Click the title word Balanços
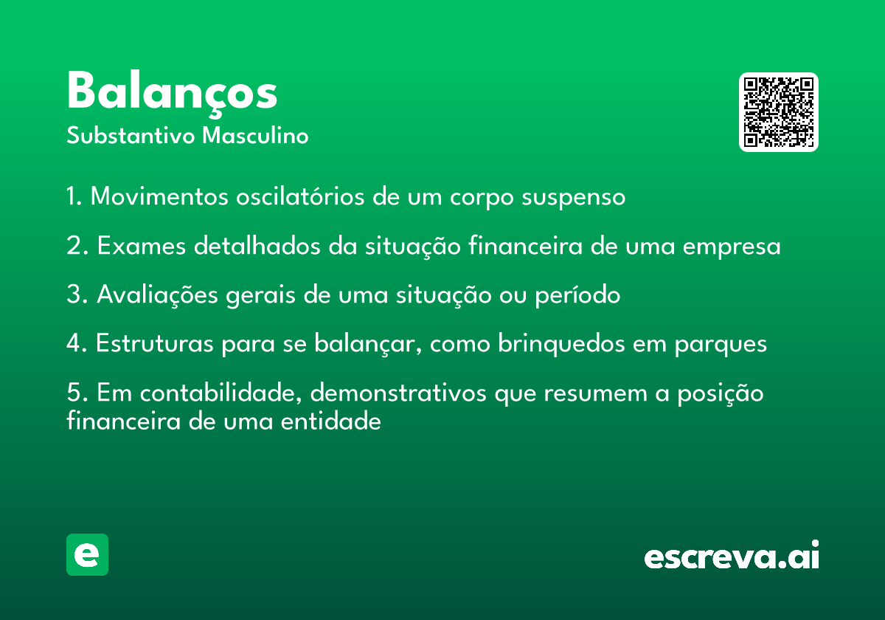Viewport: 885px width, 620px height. [172, 94]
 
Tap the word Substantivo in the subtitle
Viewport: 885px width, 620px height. [131, 136]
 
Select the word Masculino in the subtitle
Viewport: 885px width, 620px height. [255, 136]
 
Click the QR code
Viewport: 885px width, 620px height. [778, 112]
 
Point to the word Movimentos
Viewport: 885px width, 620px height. [159, 196]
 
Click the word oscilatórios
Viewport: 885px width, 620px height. [300, 196]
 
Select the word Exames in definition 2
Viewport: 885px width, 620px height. [142, 246]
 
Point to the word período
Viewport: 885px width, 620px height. [577, 295]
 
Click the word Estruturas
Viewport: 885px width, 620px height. [154, 344]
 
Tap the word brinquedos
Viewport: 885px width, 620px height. [561, 344]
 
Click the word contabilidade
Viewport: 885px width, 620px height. [221, 393]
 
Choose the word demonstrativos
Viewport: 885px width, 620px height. [398, 393]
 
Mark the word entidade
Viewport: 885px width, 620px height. [330, 421]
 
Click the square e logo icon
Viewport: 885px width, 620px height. [87, 554]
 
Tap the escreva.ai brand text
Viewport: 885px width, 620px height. [732, 554]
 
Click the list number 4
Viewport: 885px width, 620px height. [74, 343]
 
